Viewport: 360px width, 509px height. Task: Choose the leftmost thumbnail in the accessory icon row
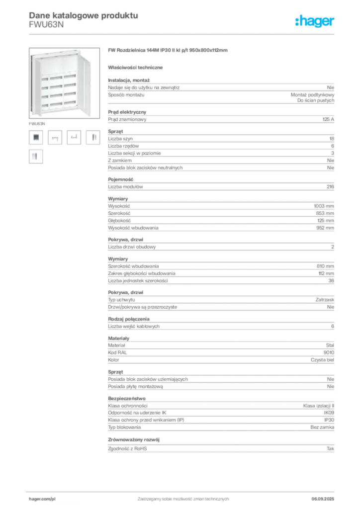[35, 137]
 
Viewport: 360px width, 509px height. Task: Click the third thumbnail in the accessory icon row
[74, 137]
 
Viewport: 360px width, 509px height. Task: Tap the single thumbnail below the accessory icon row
[35, 157]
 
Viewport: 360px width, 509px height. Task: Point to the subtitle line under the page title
[47, 24]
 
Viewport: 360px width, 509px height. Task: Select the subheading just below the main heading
[138, 67]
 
